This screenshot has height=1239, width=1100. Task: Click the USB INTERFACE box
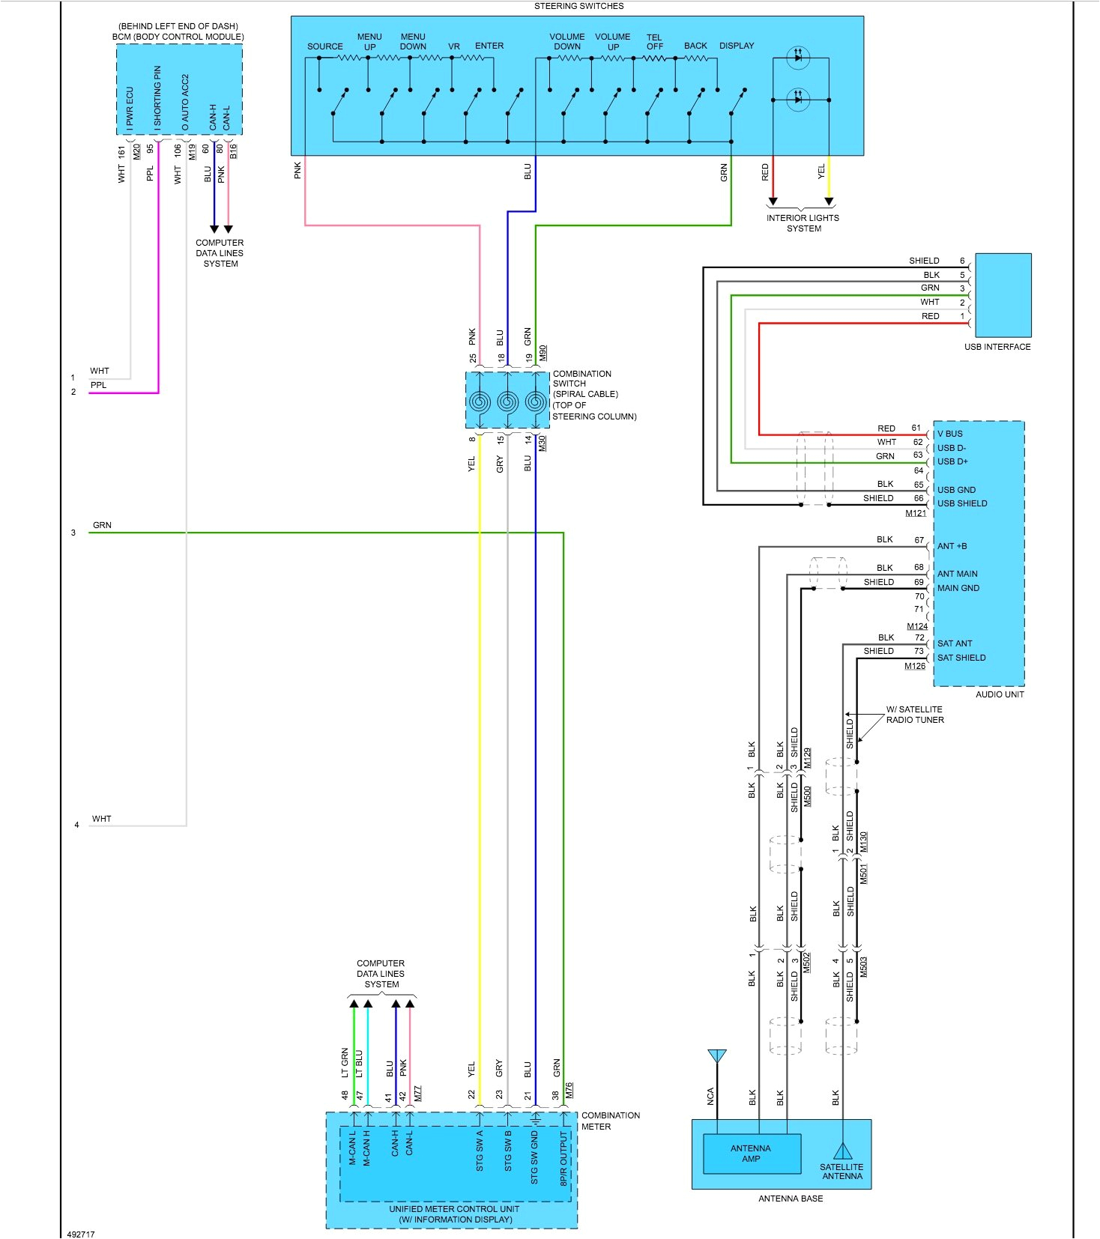[1003, 295]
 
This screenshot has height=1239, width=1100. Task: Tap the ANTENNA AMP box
[751, 1154]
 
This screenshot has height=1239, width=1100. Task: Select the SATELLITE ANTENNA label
[841, 1172]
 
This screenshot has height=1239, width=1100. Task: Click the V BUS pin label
[949, 434]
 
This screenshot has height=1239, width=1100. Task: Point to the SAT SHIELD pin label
[961, 658]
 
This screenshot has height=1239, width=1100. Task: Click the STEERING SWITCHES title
[578, 6]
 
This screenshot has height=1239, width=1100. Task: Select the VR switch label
[454, 46]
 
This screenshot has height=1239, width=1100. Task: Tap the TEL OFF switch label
[654, 42]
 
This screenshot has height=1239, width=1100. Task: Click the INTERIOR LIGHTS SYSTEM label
[803, 223]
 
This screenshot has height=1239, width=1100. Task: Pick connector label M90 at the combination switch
[543, 353]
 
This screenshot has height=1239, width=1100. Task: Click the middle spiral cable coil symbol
[507, 402]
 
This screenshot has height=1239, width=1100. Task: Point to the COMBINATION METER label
[610, 1121]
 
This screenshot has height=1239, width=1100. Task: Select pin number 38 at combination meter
[555, 1095]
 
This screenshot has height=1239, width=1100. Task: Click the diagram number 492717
[81, 1234]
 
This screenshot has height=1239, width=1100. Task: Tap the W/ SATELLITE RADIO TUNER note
[914, 715]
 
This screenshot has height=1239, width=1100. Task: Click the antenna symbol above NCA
[717, 1056]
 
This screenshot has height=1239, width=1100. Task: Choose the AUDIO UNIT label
[999, 694]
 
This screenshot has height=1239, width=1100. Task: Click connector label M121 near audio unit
[915, 513]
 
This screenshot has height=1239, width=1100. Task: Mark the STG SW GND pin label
[534, 1157]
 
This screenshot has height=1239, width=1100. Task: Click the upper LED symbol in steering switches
[798, 58]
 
